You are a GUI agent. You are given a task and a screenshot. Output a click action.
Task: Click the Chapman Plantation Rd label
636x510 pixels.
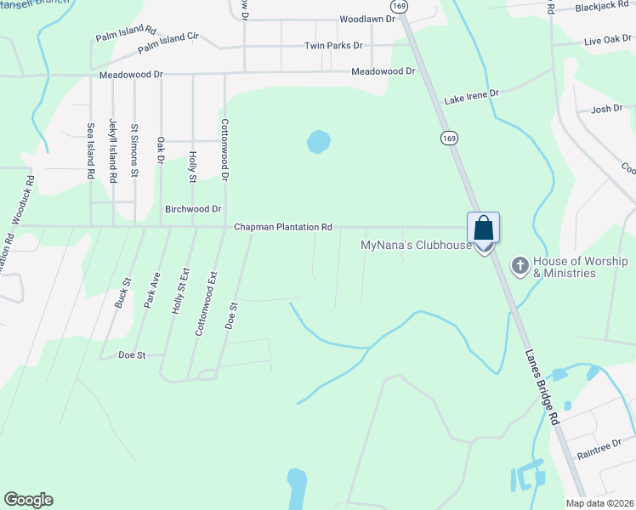click(283, 227)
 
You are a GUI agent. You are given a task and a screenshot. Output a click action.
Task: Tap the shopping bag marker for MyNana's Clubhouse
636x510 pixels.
click(483, 229)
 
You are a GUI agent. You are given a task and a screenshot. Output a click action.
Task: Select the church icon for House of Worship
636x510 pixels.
click(520, 266)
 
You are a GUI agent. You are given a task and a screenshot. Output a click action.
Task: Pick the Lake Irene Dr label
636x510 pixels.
click(471, 95)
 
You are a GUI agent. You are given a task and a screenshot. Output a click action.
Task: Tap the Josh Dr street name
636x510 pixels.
click(607, 109)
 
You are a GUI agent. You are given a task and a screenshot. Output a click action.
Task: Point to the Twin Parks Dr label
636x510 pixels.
click(333, 45)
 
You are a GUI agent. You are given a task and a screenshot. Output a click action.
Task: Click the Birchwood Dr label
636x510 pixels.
click(193, 209)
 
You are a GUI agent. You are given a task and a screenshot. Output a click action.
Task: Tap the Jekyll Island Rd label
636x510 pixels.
click(112, 151)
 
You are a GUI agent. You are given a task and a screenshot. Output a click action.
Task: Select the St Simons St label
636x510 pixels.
click(134, 150)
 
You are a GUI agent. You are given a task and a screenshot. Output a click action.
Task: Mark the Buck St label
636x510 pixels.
click(125, 292)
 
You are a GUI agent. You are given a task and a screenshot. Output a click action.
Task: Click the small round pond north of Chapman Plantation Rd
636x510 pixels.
click(317, 141)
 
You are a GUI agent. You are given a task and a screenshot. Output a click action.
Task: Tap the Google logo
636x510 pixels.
click(28, 500)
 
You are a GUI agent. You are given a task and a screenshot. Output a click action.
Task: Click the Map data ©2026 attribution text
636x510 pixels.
click(599, 503)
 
